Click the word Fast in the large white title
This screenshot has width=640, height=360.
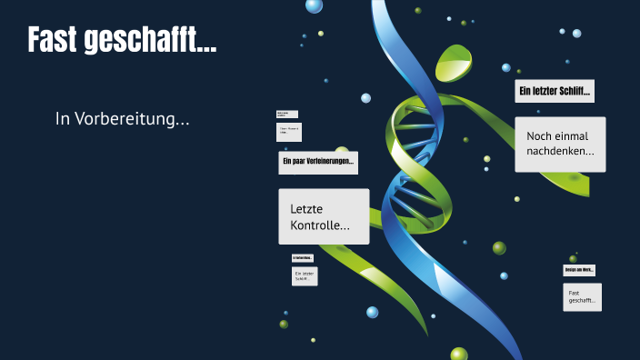(53, 40)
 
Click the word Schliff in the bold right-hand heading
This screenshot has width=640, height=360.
(575, 92)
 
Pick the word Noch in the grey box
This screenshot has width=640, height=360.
(540, 135)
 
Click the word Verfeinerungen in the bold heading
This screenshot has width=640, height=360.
(329, 163)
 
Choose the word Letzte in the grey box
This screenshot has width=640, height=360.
(306, 209)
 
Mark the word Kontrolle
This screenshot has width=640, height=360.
(319, 225)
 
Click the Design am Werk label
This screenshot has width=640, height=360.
(579, 270)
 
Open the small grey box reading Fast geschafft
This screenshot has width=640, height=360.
(582, 296)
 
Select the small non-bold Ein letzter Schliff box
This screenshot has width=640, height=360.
(305, 276)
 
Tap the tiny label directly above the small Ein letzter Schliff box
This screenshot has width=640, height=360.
(303, 258)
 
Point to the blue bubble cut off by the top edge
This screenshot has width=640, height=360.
(314, 5)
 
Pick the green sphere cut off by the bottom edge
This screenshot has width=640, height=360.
(459, 354)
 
